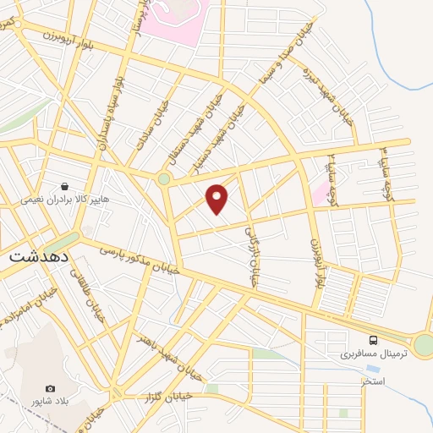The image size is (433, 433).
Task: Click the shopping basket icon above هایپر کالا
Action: coord(64,186)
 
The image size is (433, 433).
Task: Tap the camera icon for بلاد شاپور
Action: coord(50,388)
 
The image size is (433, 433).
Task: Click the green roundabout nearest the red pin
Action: coord(163,179)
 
